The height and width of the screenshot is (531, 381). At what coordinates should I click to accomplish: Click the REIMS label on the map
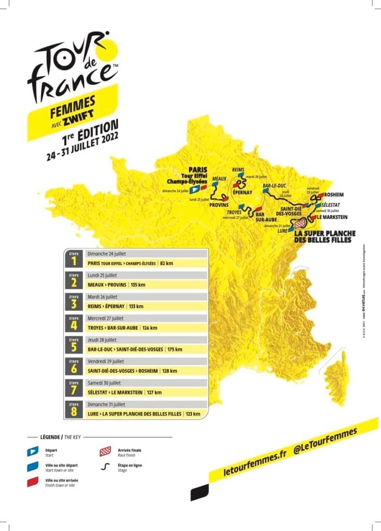238,170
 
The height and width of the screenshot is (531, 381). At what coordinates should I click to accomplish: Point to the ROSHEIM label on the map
332,195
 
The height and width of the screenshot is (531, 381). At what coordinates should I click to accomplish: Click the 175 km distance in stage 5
175,350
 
